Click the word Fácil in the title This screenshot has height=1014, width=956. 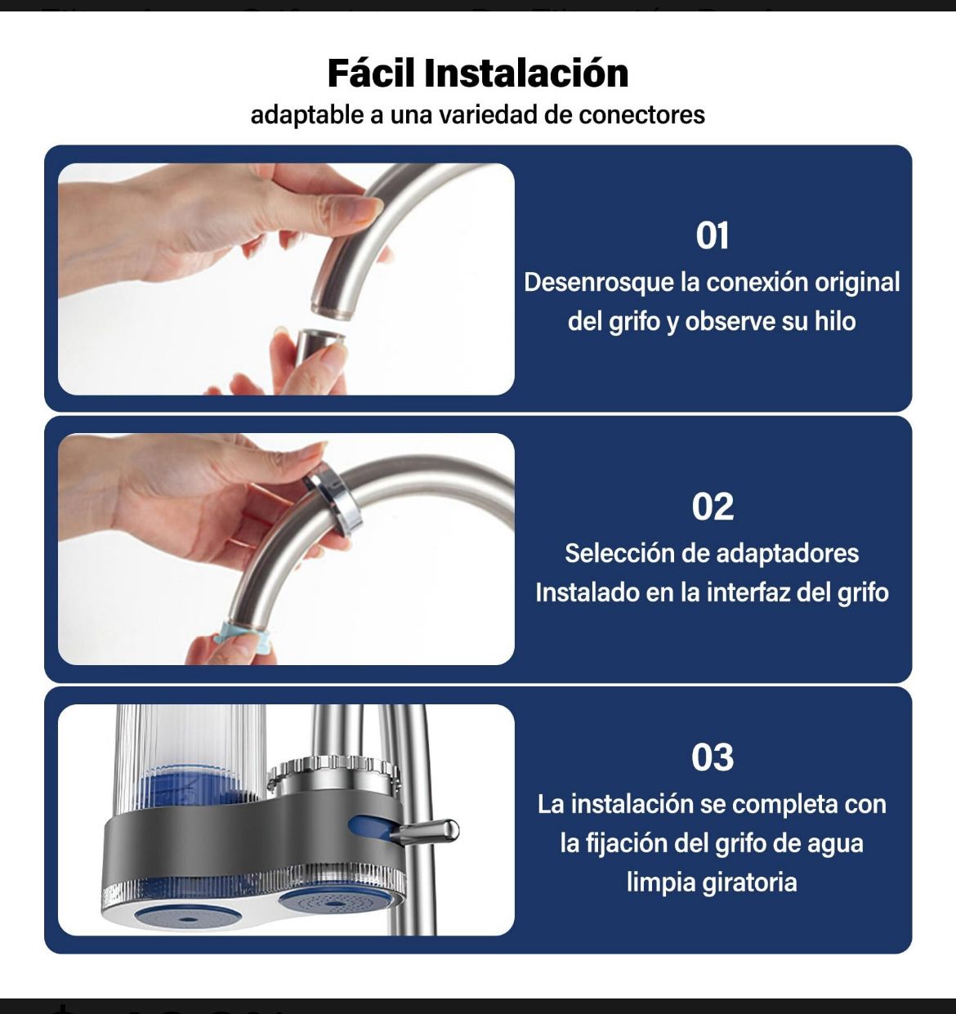372,74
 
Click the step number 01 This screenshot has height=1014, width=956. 713,236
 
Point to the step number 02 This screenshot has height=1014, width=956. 713,507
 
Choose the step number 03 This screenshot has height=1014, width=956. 713,757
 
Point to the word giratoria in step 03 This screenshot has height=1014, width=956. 753,882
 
